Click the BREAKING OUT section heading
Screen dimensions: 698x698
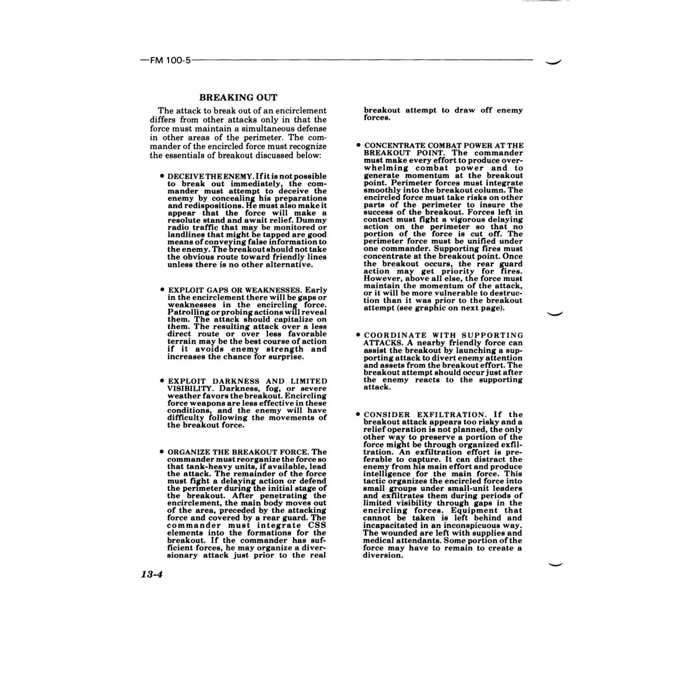(x=238, y=98)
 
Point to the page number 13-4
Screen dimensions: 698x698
(x=151, y=575)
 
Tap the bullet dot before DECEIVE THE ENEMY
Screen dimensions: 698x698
(x=161, y=175)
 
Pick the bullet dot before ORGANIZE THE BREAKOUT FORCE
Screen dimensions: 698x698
(x=161, y=451)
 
